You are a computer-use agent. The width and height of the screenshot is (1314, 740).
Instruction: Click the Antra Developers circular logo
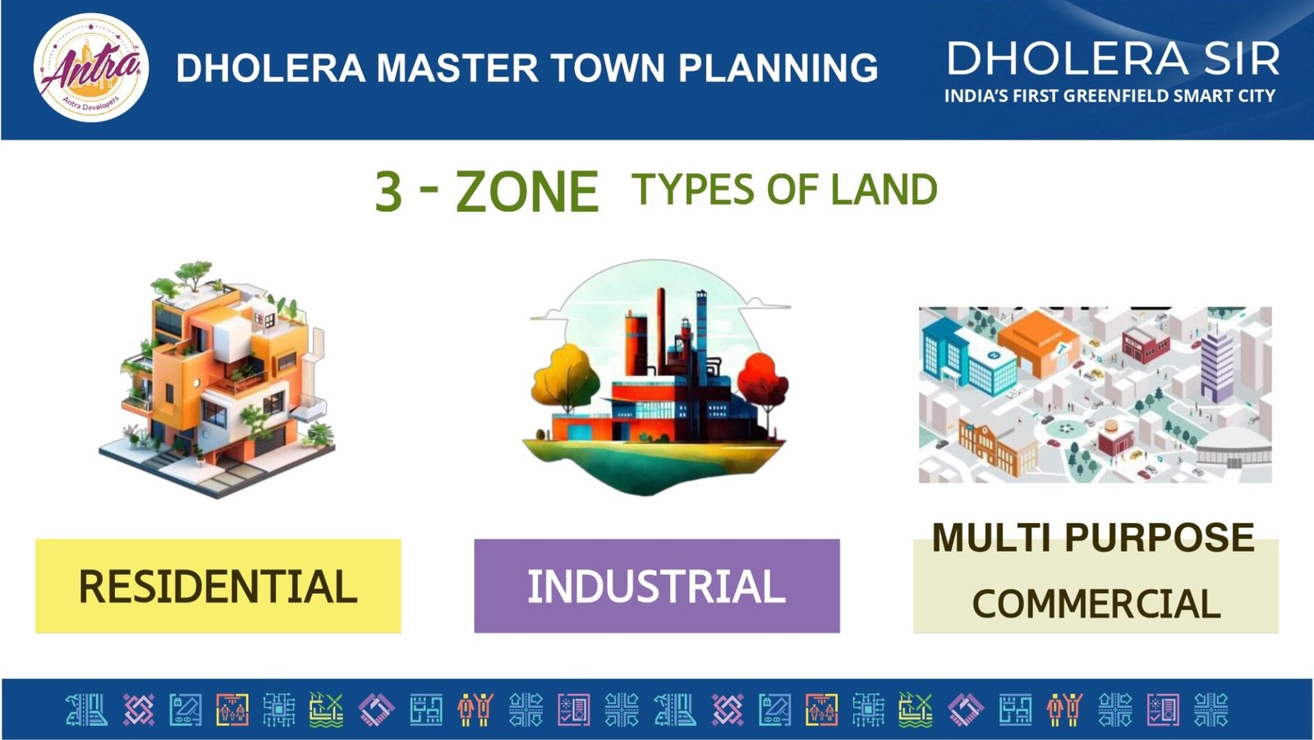91,67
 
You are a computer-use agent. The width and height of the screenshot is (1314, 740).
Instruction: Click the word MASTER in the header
457,67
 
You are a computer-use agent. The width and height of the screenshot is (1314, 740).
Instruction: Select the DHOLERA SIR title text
1113,58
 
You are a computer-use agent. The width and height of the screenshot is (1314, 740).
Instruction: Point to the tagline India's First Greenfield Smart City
1110,95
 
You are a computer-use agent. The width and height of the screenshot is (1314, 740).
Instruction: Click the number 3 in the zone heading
388,191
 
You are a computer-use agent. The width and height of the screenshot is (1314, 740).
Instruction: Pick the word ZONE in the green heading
526,191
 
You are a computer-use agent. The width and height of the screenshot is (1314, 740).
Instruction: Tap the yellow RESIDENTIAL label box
218,586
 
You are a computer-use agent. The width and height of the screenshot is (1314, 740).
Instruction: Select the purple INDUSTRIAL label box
657,586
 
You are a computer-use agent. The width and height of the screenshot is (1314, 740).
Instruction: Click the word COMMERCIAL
1096,604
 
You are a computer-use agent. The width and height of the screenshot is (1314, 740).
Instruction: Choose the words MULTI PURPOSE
1093,537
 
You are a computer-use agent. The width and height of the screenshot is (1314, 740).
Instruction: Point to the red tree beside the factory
763,388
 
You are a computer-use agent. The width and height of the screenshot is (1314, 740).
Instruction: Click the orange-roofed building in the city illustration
1038,343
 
